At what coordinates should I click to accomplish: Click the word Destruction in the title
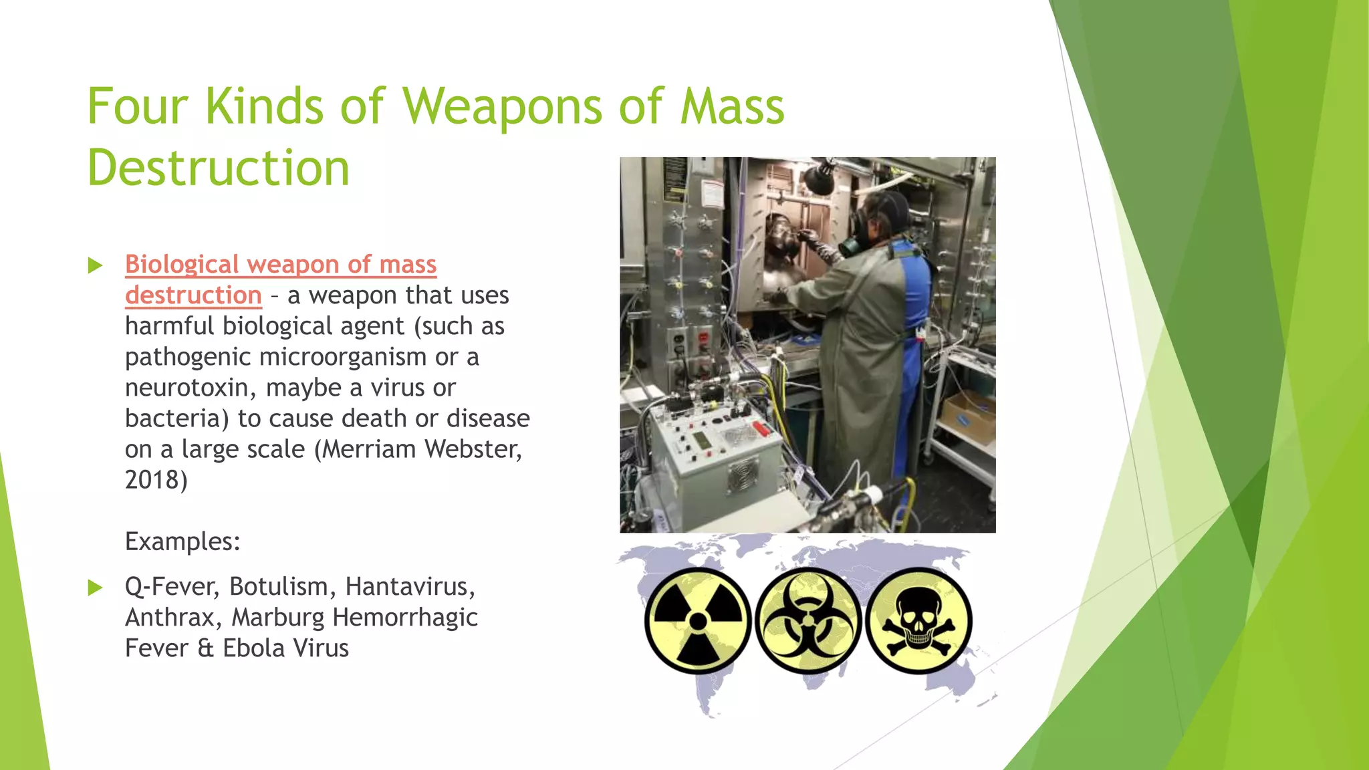219,168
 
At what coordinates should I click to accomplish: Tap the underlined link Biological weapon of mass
281,265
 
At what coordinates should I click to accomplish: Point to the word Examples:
182,541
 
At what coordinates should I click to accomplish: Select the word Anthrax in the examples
170,618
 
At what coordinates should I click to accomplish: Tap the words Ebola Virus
285,648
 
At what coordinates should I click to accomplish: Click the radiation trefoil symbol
698,621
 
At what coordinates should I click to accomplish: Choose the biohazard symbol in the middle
808,621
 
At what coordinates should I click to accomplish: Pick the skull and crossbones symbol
918,621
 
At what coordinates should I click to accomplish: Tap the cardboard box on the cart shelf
968,418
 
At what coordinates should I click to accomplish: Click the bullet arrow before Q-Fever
96,588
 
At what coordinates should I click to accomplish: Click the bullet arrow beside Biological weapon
96,265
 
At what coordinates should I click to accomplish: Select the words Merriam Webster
421,449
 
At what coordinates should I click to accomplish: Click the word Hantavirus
409,587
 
